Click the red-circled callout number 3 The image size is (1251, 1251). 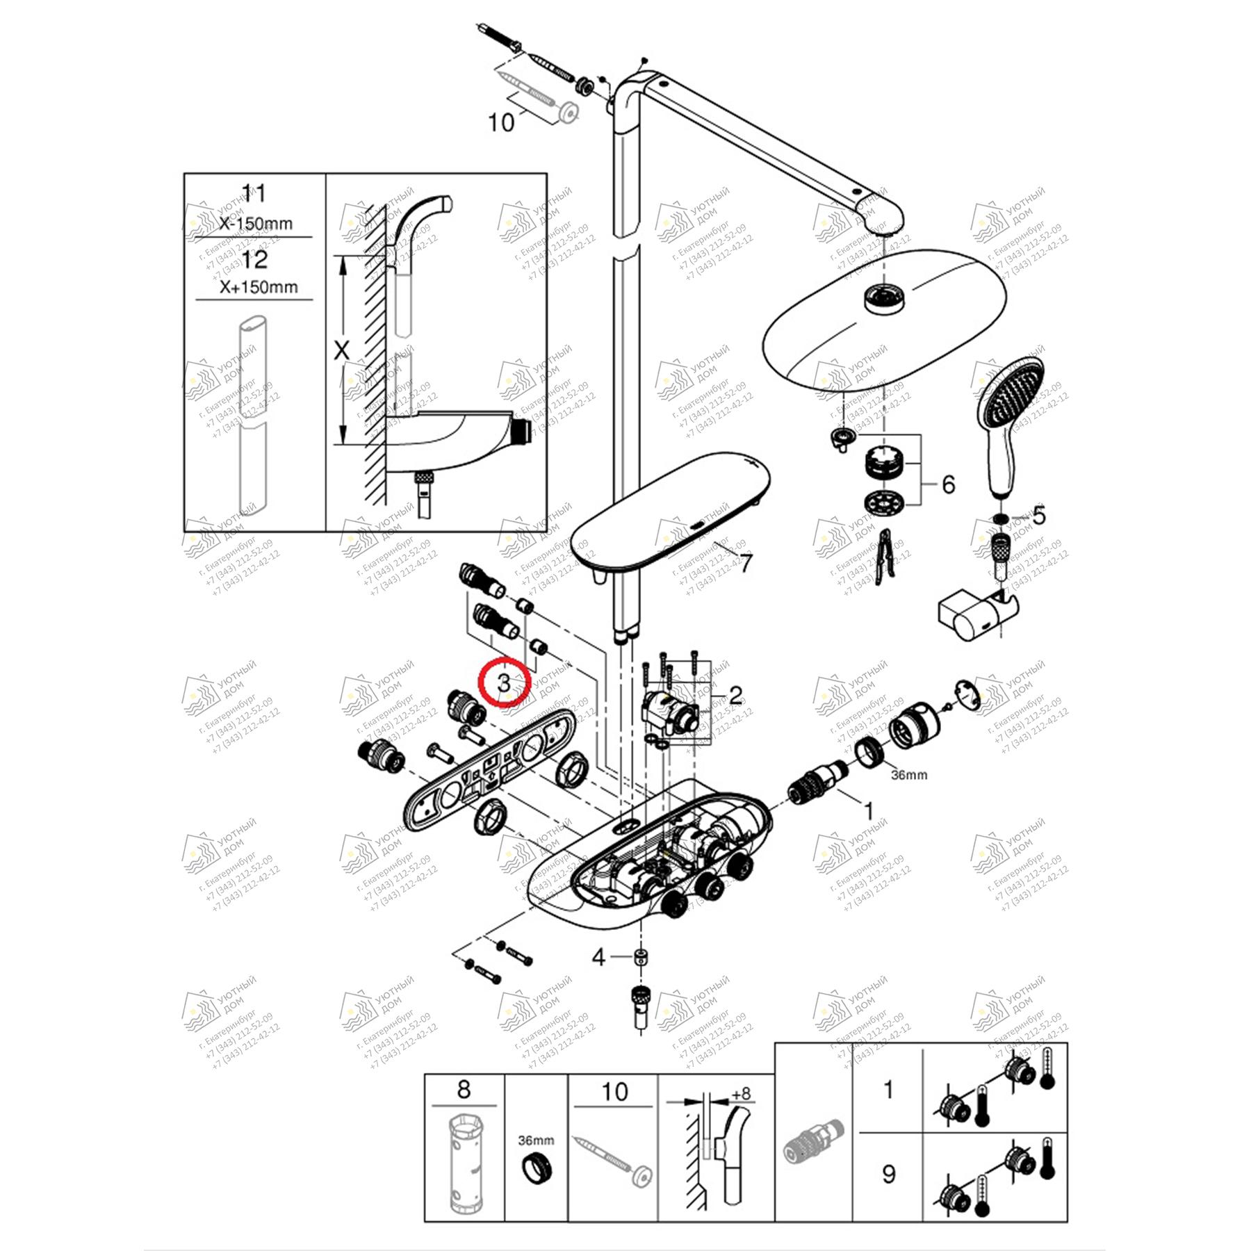[505, 682]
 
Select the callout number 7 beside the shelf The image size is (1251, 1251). [744, 563]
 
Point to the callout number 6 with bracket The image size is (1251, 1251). [948, 484]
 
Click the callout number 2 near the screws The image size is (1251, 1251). [735, 694]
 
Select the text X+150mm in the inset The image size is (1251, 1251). [259, 286]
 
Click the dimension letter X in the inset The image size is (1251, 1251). [341, 351]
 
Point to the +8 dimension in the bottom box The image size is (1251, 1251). [741, 1093]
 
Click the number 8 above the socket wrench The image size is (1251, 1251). [464, 1089]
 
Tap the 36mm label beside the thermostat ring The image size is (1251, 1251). [909, 774]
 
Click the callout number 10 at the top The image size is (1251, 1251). [501, 123]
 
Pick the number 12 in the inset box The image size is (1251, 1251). [255, 260]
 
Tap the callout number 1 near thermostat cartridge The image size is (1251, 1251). [867, 810]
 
